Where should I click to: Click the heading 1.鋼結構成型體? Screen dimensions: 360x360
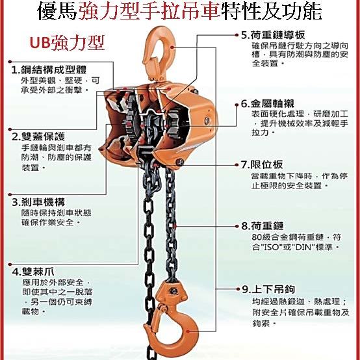point(49,70)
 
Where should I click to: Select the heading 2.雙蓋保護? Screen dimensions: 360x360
point(38,136)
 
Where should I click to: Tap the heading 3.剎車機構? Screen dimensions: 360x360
point(38,202)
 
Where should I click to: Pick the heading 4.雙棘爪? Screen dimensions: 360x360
point(33,272)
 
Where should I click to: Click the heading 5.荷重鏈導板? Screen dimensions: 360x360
point(273,35)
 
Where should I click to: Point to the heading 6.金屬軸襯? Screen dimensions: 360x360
point(268,104)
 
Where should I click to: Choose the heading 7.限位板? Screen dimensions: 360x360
point(262,164)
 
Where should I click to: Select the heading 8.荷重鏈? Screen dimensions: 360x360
point(263,226)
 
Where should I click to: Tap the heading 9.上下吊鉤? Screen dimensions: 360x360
point(268,289)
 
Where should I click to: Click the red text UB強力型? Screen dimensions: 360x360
point(67,43)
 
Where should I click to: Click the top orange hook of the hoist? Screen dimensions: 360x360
point(159,53)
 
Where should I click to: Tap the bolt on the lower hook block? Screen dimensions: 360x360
point(174,291)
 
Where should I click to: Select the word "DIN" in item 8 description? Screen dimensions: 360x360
point(303,248)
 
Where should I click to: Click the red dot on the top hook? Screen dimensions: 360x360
point(172,47)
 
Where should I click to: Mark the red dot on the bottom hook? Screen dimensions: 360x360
point(188,331)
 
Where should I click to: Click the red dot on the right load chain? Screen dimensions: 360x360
point(175,226)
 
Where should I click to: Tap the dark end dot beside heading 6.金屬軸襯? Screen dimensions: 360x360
point(237,105)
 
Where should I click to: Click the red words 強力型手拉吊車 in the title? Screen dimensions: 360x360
point(149,11)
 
